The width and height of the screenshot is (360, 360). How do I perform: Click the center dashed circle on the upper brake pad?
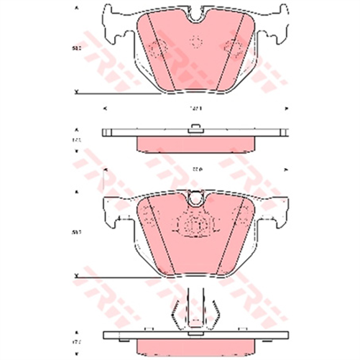195,41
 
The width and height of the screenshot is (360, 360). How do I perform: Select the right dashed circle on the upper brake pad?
232,48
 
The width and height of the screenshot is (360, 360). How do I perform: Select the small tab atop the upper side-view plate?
195,129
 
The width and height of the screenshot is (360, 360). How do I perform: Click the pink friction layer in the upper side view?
195,144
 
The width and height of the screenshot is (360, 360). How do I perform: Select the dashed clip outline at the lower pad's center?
195,225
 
